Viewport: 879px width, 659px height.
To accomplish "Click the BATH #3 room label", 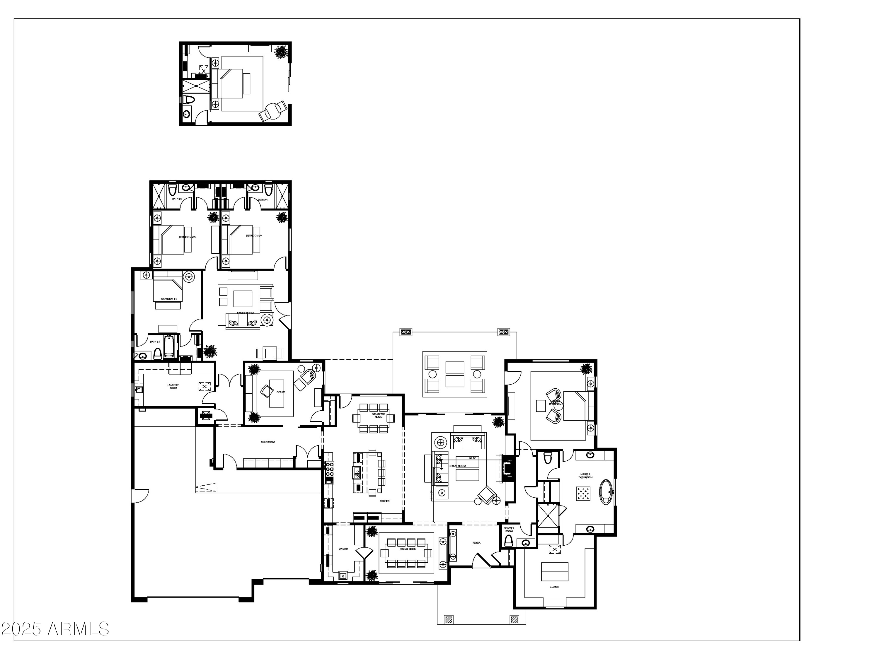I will pyautogui.click(x=177, y=199).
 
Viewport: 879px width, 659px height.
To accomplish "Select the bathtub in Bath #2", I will pyautogui.click(x=168, y=346).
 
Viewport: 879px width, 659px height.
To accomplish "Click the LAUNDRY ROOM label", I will pyautogui.click(x=173, y=386).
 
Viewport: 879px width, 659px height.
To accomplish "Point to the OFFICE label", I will pyautogui.click(x=281, y=392).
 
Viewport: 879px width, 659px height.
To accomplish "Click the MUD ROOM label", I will pyautogui.click(x=268, y=442).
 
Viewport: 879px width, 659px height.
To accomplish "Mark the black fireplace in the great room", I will pyautogui.click(x=508, y=469).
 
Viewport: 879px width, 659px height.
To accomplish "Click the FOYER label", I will pyautogui.click(x=476, y=543).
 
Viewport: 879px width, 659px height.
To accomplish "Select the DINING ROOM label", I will pyautogui.click(x=408, y=549).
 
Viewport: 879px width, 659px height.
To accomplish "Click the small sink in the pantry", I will pyautogui.click(x=343, y=575).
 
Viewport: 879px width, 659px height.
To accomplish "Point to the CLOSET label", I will pyautogui.click(x=554, y=586).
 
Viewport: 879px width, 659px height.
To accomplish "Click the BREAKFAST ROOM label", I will pyautogui.click(x=378, y=415).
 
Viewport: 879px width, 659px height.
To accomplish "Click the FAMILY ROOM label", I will pyautogui.click(x=245, y=313).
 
